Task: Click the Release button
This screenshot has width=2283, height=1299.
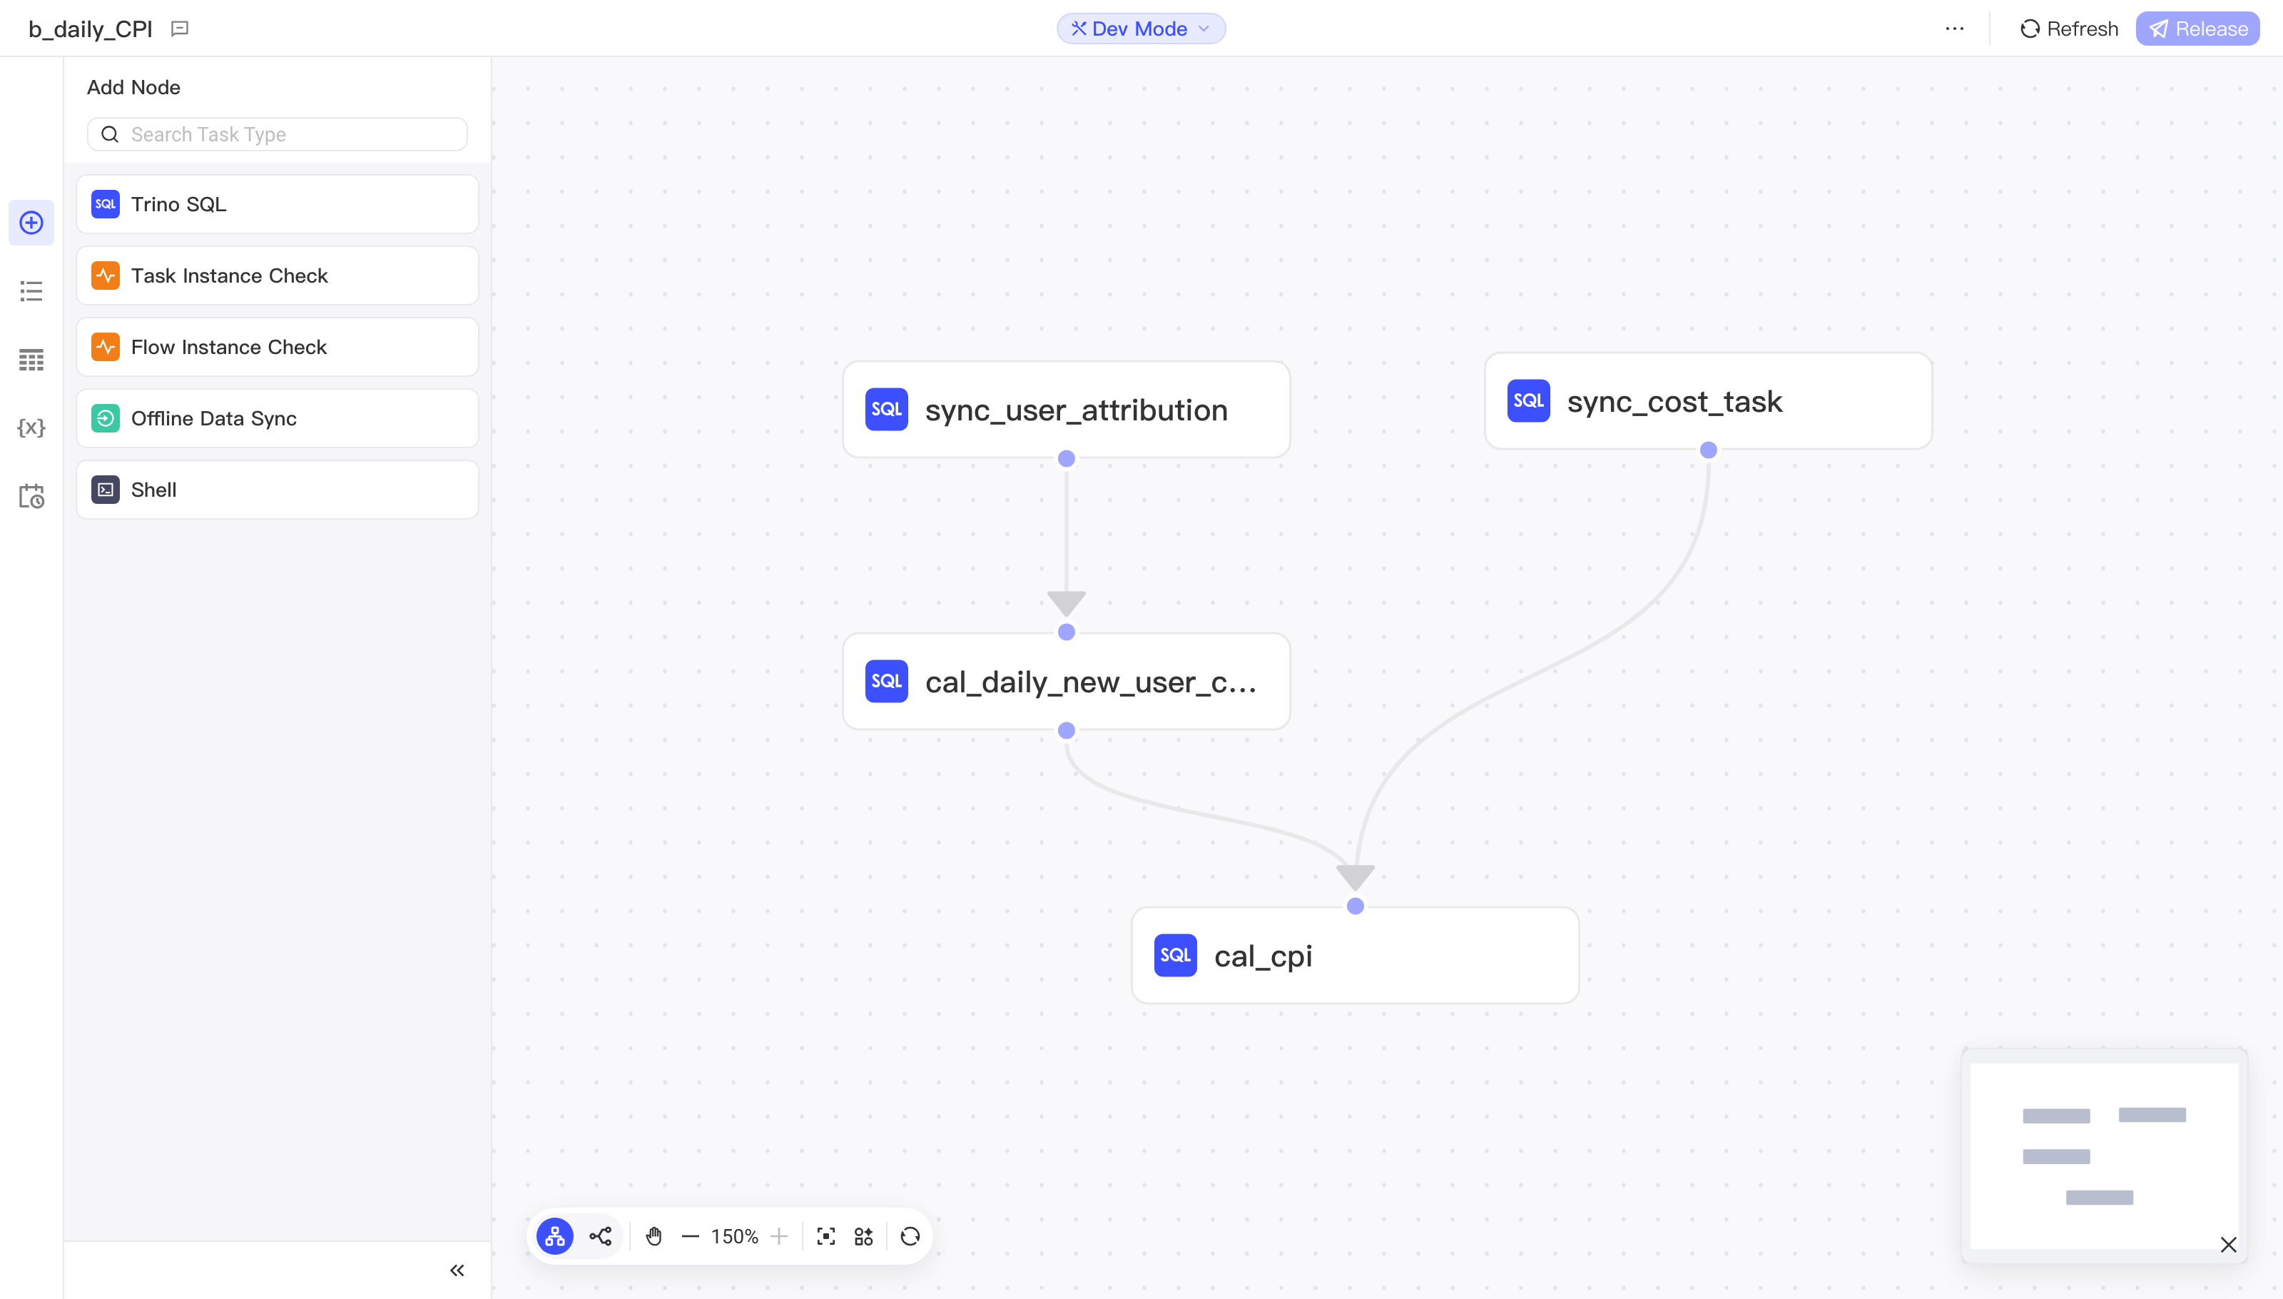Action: point(2197,29)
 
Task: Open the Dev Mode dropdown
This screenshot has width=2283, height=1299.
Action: point(1141,29)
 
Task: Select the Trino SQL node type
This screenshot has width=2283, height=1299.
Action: point(278,204)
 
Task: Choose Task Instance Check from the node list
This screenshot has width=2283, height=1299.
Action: point(278,276)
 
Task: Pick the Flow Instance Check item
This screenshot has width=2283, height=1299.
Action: point(278,347)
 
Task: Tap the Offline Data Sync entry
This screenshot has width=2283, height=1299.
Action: point(278,418)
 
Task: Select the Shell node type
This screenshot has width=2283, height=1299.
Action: point(278,490)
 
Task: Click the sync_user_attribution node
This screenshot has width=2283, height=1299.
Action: point(1066,410)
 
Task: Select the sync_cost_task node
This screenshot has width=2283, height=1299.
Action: point(1708,400)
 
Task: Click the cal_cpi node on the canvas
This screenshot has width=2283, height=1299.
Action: point(1355,956)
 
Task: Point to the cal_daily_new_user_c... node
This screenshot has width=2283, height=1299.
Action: point(1066,682)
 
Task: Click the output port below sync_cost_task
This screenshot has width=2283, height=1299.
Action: point(1708,450)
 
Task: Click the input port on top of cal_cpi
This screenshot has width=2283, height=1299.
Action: point(1355,906)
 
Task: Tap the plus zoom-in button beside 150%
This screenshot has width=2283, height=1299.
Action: point(778,1236)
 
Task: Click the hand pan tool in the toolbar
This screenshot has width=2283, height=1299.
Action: point(654,1236)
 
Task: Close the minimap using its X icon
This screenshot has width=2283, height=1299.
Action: point(2227,1245)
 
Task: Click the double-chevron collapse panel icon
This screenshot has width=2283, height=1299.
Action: point(457,1270)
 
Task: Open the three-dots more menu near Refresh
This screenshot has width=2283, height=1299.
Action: point(1954,29)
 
